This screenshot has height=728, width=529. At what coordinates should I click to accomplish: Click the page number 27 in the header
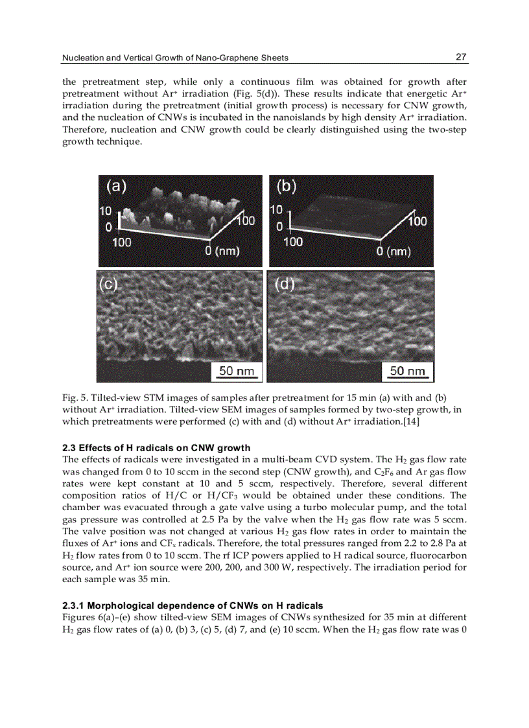click(461, 57)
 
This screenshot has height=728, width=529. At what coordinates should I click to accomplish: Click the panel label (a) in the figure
click(117, 187)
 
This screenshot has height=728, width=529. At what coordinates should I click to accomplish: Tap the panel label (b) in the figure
click(286, 187)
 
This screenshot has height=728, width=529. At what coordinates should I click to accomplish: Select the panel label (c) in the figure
click(108, 285)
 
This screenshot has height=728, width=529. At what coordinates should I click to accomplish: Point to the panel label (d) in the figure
click(284, 284)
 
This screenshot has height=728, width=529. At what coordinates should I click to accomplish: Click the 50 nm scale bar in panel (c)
click(235, 371)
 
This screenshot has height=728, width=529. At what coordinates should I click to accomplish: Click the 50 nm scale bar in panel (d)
click(407, 371)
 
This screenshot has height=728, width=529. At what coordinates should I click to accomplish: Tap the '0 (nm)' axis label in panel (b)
click(394, 250)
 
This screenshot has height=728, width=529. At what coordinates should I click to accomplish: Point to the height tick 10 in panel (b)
click(276, 210)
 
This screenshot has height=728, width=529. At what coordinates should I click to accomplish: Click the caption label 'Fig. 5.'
click(75, 397)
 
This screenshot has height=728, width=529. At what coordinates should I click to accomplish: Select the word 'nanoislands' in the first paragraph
click(281, 118)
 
